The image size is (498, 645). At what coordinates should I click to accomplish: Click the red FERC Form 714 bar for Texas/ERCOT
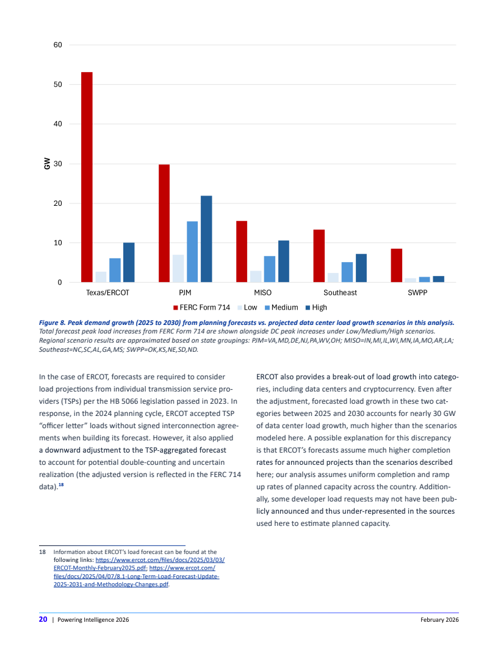[87, 177]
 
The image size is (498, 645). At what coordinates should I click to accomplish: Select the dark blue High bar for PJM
[206, 239]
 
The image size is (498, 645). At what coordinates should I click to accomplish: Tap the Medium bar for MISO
[270, 269]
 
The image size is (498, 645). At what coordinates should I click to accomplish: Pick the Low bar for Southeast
[333, 277]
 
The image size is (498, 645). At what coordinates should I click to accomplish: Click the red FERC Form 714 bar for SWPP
[396, 265]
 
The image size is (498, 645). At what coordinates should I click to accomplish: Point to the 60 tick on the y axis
[57, 45]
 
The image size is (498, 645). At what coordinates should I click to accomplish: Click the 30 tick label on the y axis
[57, 164]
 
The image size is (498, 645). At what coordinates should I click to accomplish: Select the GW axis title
[47, 164]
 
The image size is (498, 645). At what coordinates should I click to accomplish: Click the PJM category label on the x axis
[186, 293]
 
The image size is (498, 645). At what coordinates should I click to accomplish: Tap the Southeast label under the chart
[340, 293]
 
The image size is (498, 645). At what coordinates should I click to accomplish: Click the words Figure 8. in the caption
[54, 321]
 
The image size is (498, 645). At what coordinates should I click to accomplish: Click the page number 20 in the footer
[43, 619]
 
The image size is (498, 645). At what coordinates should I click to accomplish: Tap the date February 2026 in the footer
[439, 620]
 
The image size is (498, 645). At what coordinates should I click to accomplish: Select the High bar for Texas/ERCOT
[129, 262]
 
